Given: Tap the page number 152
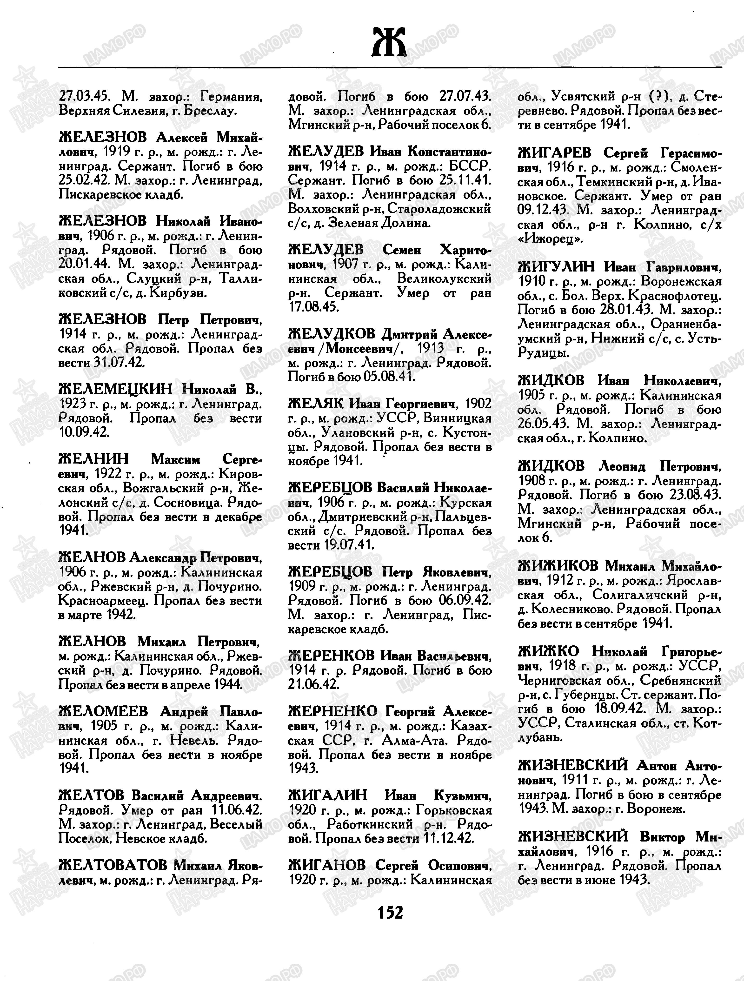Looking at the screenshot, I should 390,912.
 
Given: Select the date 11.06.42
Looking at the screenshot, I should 236,810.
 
